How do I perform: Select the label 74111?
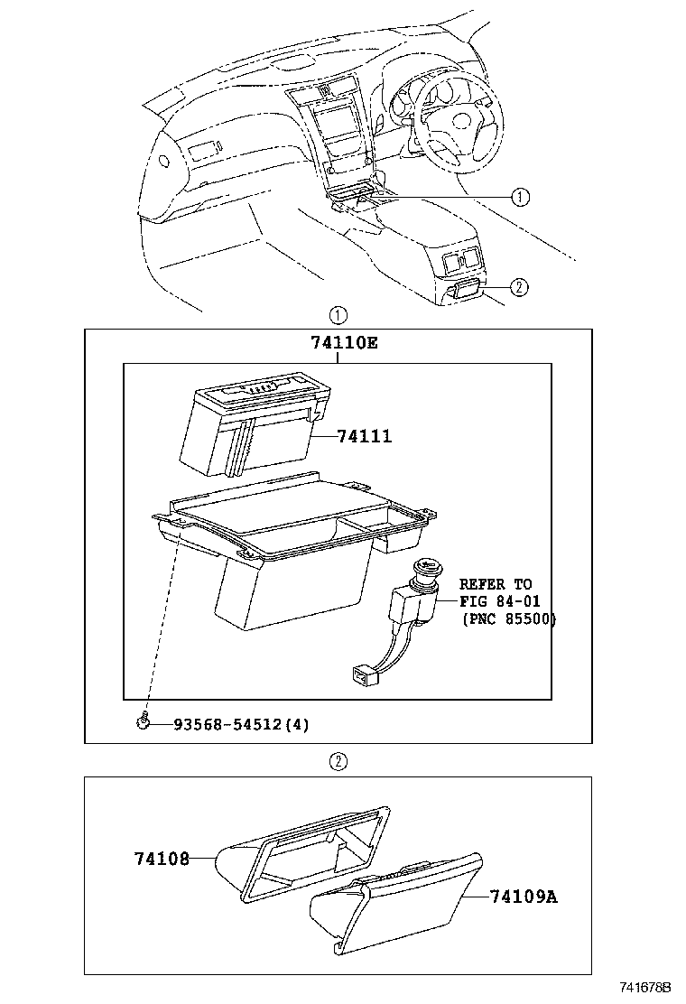point(364,436)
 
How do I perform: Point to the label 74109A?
point(524,897)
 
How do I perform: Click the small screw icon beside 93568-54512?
point(144,721)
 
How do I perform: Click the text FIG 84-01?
point(499,602)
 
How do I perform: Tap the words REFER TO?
point(496,584)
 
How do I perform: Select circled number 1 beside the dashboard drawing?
point(520,197)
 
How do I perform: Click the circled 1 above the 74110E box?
point(338,315)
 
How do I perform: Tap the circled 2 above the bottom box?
point(338,761)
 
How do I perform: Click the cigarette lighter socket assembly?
point(416,600)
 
